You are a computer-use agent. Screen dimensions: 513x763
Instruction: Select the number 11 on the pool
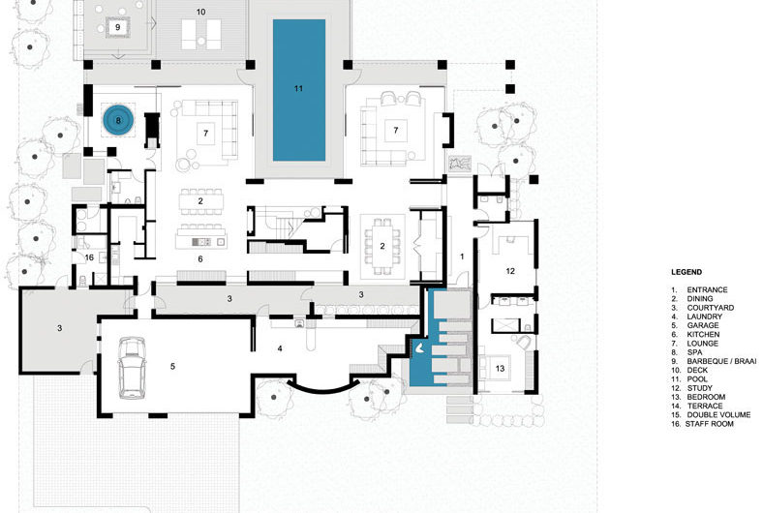(x=298, y=88)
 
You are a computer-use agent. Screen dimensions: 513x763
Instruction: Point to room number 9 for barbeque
(x=118, y=28)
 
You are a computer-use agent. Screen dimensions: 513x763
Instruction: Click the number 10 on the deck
(x=201, y=13)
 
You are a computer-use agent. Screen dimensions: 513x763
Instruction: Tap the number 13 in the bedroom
(x=501, y=368)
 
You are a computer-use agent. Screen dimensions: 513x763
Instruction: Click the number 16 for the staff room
(x=88, y=257)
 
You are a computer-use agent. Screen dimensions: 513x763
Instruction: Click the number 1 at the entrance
(x=462, y=256)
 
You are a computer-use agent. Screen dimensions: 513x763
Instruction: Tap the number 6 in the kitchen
(x=199, y=259)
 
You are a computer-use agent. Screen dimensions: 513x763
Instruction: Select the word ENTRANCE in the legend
(x=708, y=290)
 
